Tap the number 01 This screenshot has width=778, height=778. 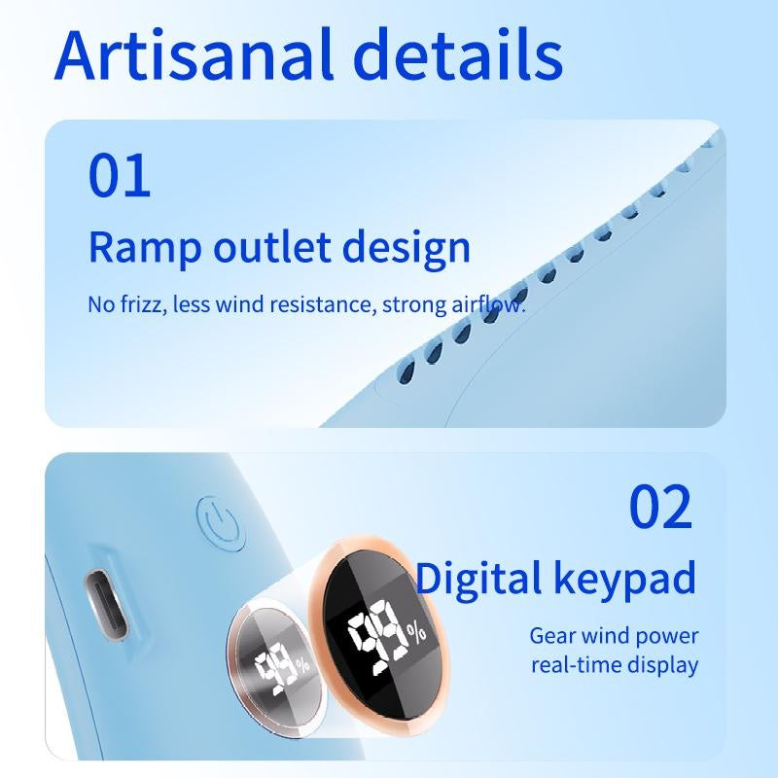tap(120, 175)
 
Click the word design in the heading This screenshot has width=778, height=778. tap(408, 249)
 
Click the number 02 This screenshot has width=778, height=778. tap(660, 507)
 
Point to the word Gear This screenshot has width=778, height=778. tap(553, 636)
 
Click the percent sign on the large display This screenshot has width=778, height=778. tap(416, 635)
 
